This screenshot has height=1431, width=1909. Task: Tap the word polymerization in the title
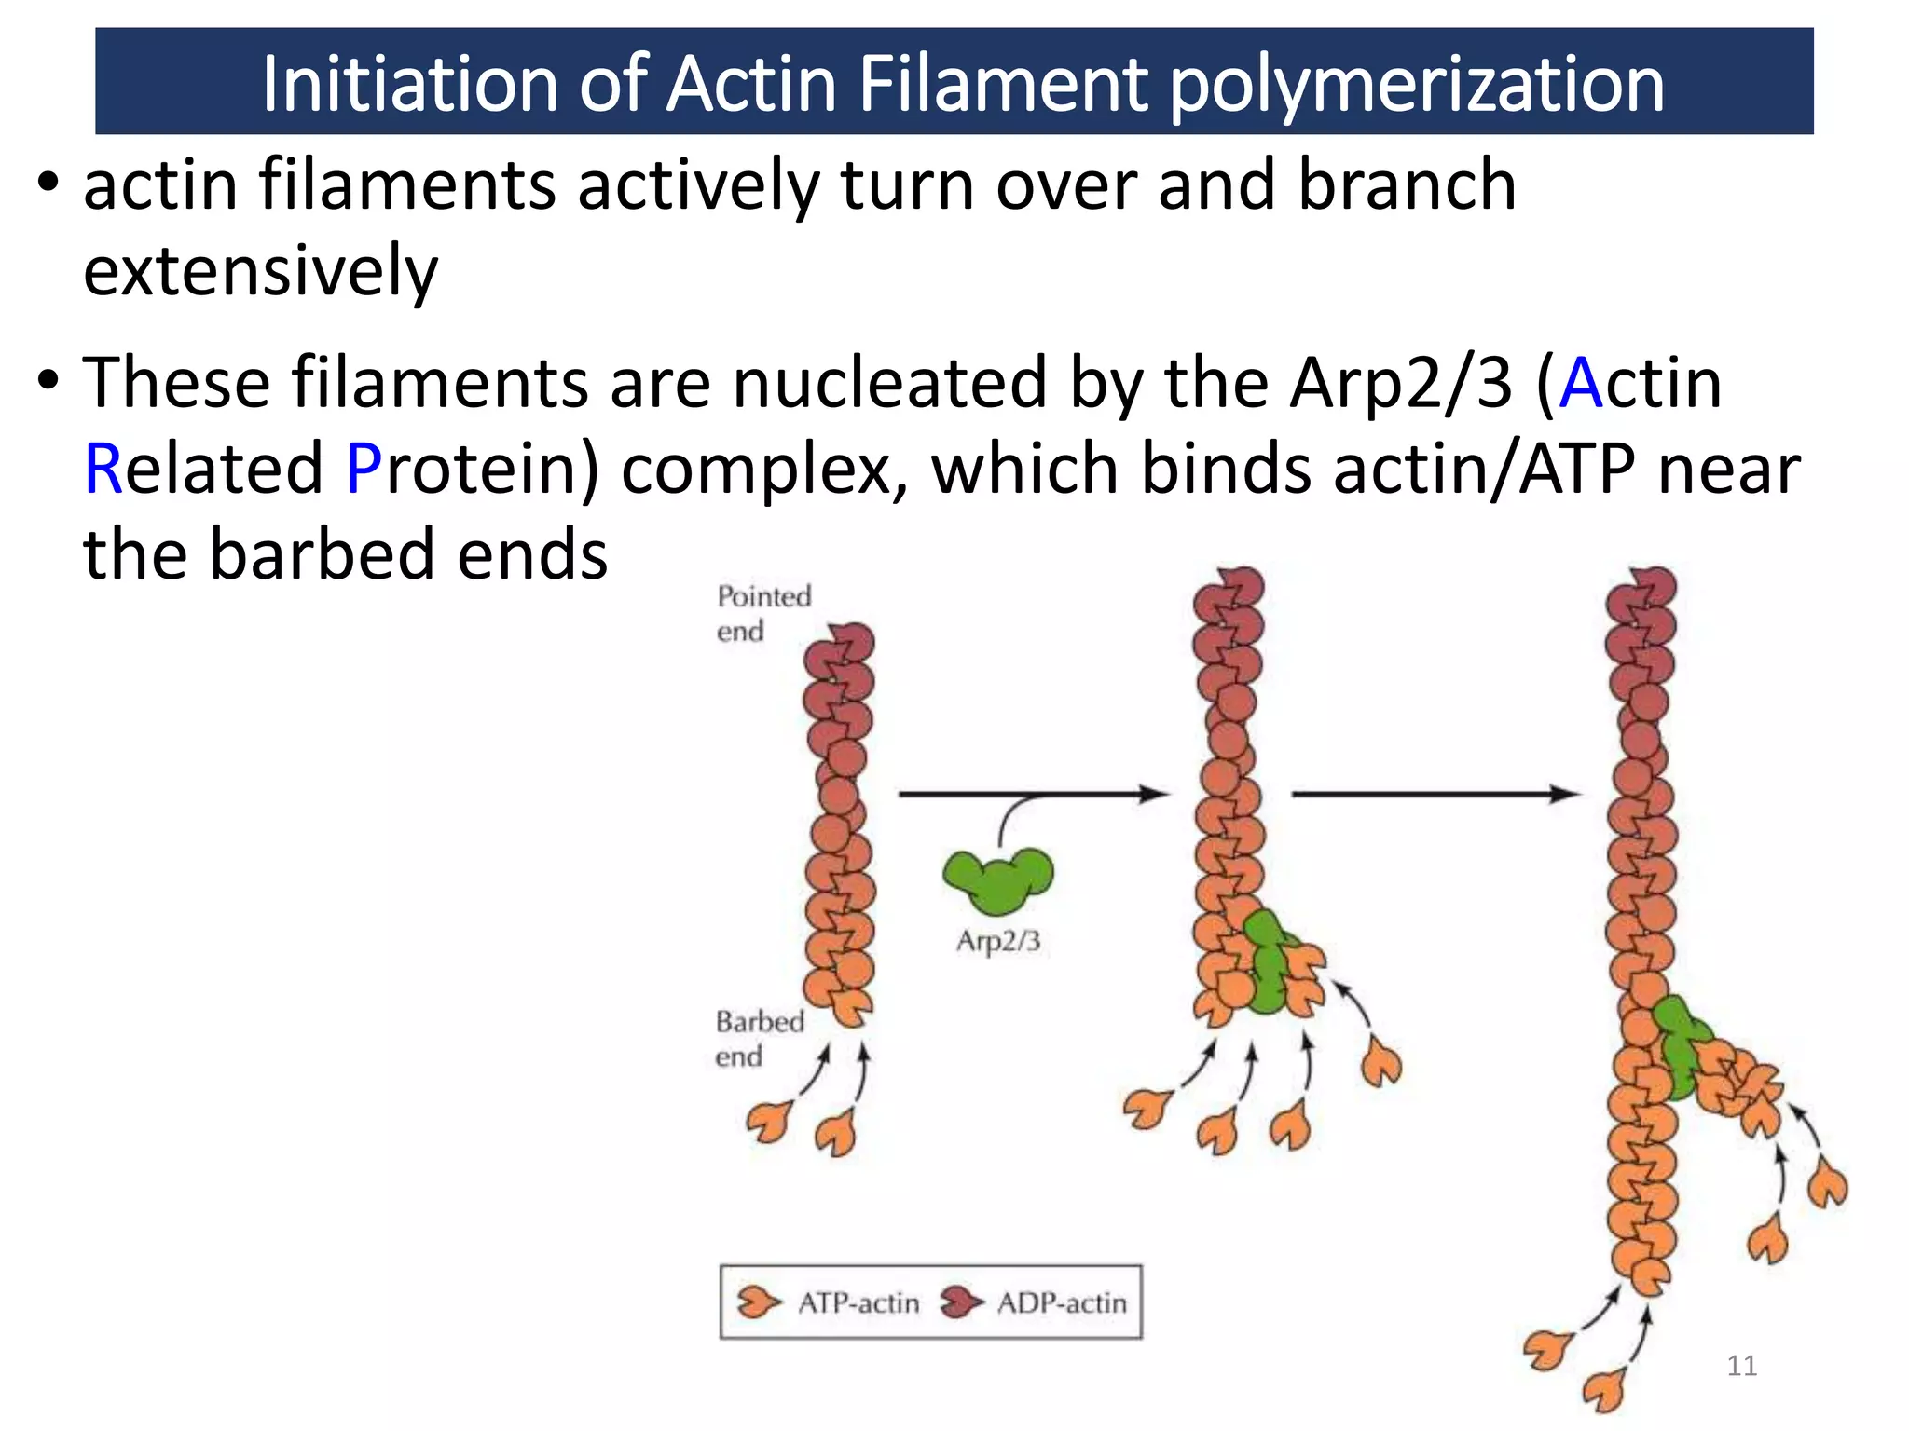click(x=1416, y=86)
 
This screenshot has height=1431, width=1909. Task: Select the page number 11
click(x=1741, y=1366)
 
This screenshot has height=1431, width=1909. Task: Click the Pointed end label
click(x=762, y=613)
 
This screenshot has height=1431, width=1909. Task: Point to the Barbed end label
click(x=759, y=1038)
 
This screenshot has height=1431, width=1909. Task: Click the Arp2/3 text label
click(x=997, y=941)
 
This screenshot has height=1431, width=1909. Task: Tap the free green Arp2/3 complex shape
click(x=998, y=879)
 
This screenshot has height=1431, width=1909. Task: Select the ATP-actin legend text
click(x=858, y=1302)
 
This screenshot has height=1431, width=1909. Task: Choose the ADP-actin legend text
click(x=1062, y=1302)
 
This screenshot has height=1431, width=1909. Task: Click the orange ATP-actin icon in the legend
click(x=758, y=1302)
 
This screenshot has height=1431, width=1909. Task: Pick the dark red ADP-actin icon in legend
click(x=961, y=1302)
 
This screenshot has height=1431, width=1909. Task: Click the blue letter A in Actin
click(x=1581, y=383)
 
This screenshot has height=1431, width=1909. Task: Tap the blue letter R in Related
click(x=103, y=469)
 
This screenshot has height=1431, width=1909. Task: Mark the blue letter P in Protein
click(x=364, y=469)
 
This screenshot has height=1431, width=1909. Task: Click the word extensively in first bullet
click(x=260, y=271)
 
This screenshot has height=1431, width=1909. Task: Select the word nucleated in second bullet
click(x=889, y=383)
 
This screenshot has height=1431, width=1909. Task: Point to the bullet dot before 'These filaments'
click(x=48, y=381)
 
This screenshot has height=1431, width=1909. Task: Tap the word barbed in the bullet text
click(x=323, y=554)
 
